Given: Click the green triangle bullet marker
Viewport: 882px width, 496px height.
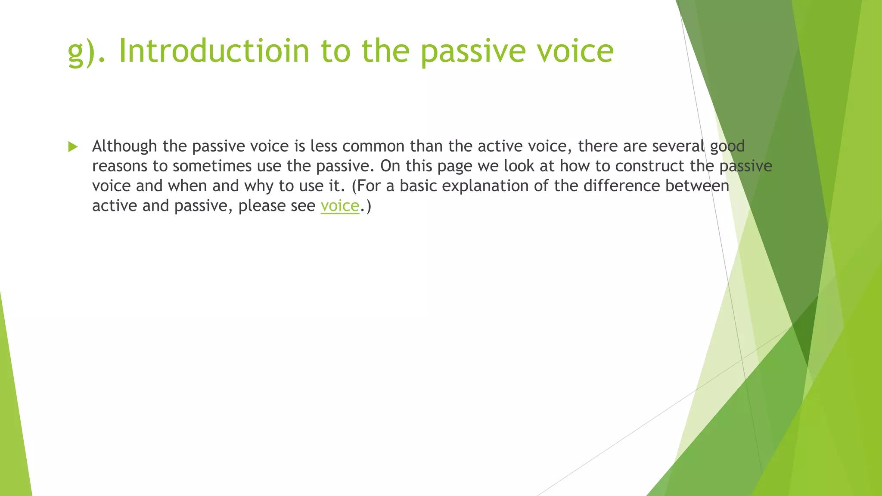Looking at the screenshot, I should [x=73, y=147].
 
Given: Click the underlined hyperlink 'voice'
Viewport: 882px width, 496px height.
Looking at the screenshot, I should [x=339, y=206].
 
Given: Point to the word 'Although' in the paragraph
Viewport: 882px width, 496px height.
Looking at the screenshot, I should [x=124, y=146].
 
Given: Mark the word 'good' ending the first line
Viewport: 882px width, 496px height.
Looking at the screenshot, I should [x=727, y=147].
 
